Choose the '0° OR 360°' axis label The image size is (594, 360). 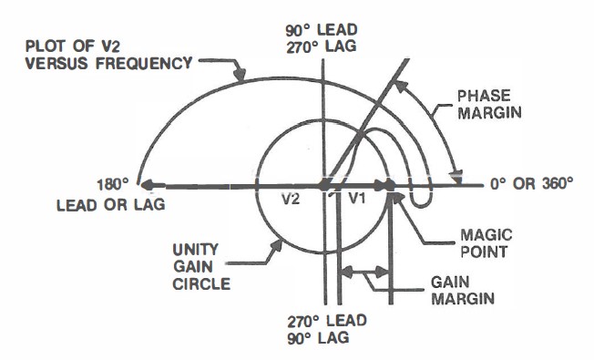pyautogui.click(x=532, y=183)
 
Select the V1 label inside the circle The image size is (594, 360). pyautogui.click(x=355, y=197)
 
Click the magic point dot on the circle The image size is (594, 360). pyautogui.click(x=390, y=184)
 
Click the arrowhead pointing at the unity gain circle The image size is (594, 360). pyautogui.click(x=276, y=239)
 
